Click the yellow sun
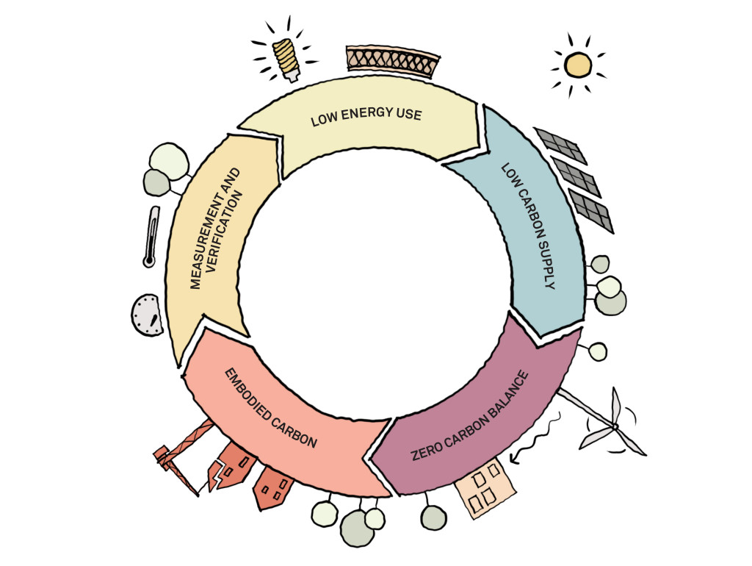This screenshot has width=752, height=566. [578, 65]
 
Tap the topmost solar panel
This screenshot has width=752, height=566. [560, 146]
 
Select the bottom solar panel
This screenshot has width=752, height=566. [592, 211]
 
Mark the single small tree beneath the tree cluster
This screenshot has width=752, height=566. [598, 351]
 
